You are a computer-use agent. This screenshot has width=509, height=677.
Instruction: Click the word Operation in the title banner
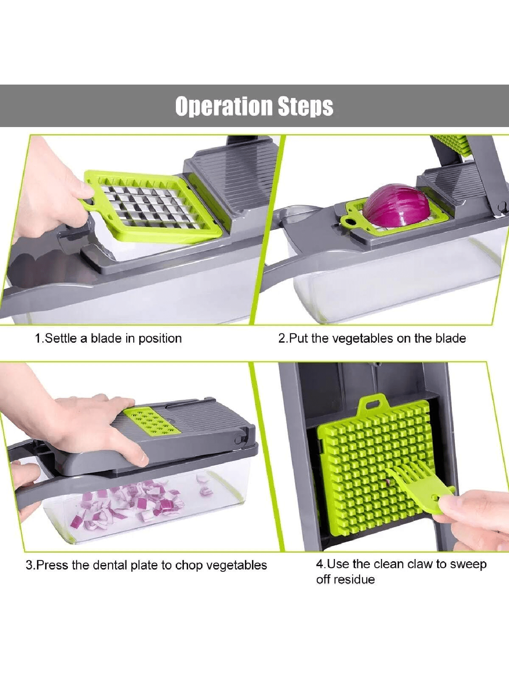point(224,106)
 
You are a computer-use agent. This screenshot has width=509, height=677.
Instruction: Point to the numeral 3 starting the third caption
point(29,565)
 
